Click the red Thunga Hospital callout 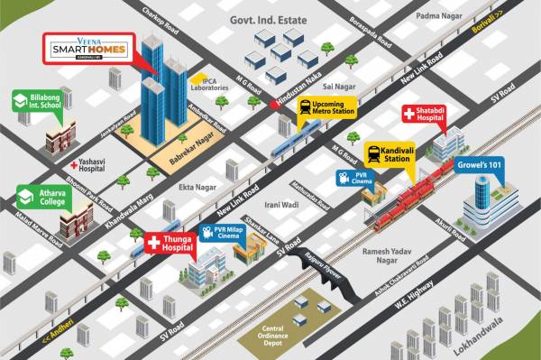170,243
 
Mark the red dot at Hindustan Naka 274,106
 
